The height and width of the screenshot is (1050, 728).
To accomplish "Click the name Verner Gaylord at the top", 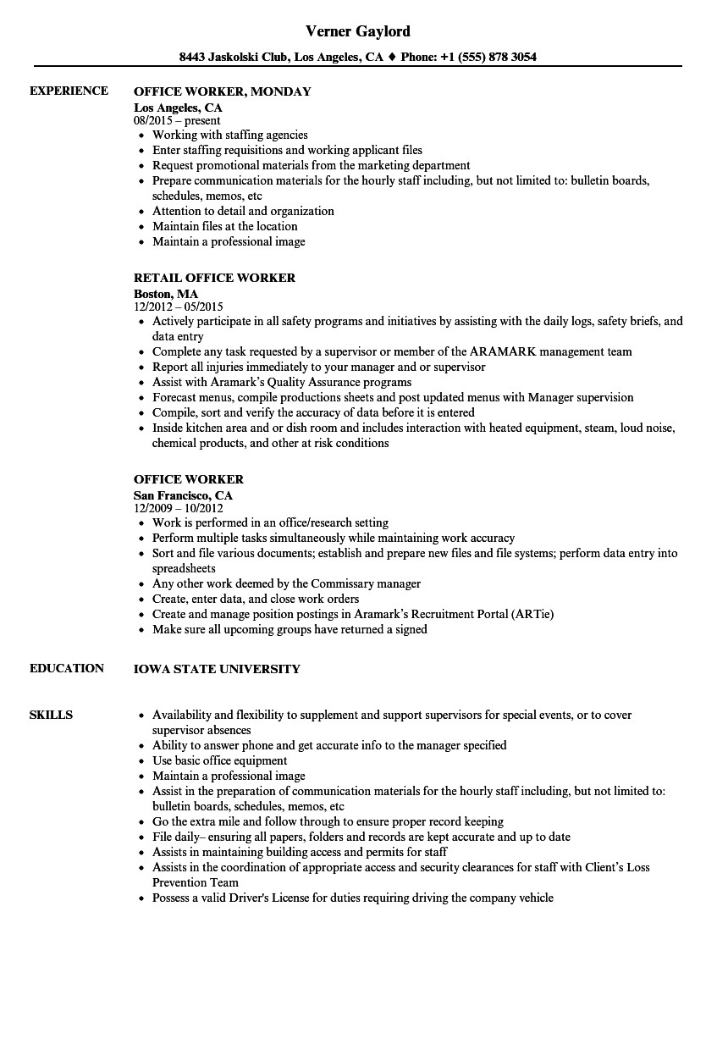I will tap(358, 31).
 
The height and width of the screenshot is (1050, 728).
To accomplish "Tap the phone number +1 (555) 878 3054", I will tap(489, 58).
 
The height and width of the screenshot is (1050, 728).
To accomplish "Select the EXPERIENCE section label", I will tap(69, 91).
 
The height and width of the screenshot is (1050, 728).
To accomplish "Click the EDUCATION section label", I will tap(67, 668).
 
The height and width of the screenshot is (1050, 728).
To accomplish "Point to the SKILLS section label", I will tap(51, 715).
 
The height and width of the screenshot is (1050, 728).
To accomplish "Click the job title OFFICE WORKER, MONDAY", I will tap(222, 91).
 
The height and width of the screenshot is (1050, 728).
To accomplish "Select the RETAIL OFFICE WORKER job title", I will tap(214, 278).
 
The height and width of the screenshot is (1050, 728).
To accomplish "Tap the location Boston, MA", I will tap(166, 294).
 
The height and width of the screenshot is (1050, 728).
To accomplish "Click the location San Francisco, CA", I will tap(183, 495).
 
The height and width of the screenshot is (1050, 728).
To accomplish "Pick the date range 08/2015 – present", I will tap(176, 120).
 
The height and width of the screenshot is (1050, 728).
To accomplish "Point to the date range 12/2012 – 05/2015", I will tap(178, 307).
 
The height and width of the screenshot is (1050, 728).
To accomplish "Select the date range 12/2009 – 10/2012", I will tap(178, 508).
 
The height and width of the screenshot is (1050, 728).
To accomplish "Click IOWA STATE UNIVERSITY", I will tap(217, 669).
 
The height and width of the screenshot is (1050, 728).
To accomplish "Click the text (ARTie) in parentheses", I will tap(532, 614).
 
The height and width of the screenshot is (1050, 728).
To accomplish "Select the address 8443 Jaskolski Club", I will tap(234, 58).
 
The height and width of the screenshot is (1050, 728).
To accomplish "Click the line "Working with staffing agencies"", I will tap(229, 135).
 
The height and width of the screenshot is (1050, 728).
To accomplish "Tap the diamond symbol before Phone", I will tap(392, 58).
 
